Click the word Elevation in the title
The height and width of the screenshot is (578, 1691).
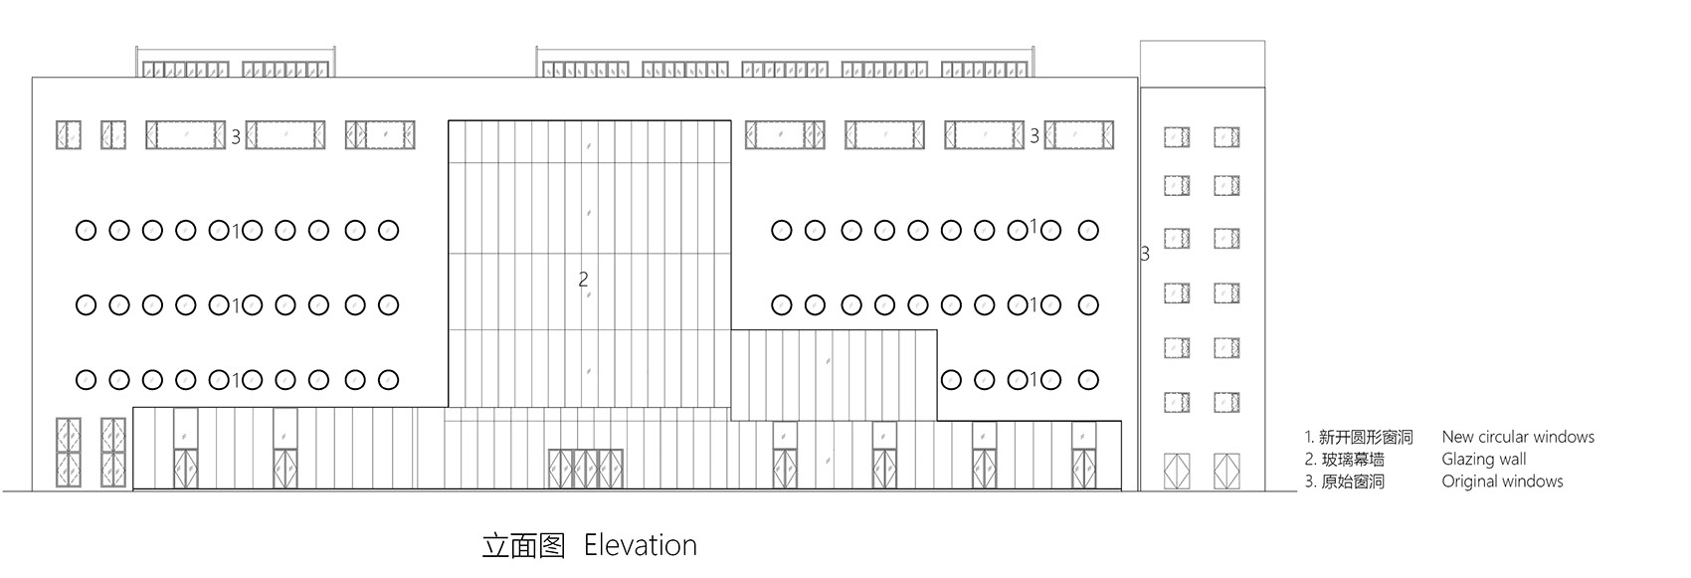[x=641, y=545]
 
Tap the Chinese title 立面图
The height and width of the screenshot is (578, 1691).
[x=524, y=545]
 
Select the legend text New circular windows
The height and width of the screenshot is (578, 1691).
[x=1517, y=436]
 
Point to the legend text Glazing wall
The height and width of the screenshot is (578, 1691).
[x=1483, y=459]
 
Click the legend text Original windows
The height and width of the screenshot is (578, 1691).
[x=1502, y=481]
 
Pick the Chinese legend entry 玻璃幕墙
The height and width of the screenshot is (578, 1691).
[x=1353, y=459]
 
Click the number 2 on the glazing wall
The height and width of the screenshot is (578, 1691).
[x=583, y=280]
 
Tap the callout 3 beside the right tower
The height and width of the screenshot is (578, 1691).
[x=1145, y=255]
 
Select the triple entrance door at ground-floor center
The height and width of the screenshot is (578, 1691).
[x=586, y=469]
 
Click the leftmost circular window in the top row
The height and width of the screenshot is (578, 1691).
[x=87, y=230]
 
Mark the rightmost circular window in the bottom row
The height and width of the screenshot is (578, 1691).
[x=1088, y=380]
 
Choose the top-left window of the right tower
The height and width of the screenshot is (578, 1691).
[x=1176, y=137]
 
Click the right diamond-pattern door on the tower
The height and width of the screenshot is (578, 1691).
[x=1226, y=471]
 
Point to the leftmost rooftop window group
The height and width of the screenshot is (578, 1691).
[x=186, y=70]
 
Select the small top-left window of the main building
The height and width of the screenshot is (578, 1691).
[x=69, y=135]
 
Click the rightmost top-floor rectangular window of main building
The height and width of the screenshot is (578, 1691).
[x=1079, y=135]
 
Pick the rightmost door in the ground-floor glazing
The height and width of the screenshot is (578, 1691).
[x=1084, y=469]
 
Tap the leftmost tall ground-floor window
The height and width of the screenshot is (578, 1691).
[x=69, y=453]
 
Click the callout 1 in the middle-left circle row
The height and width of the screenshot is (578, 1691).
[x=236, y=305]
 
